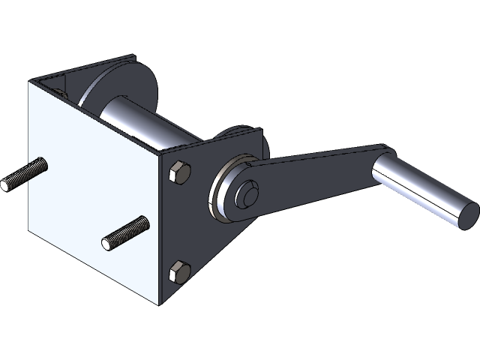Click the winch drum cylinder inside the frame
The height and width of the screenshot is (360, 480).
point(142,124)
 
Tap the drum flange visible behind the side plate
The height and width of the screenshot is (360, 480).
point(244,139)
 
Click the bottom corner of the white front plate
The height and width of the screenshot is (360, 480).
point(160,306)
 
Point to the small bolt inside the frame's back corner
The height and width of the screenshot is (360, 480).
point(60,89)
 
